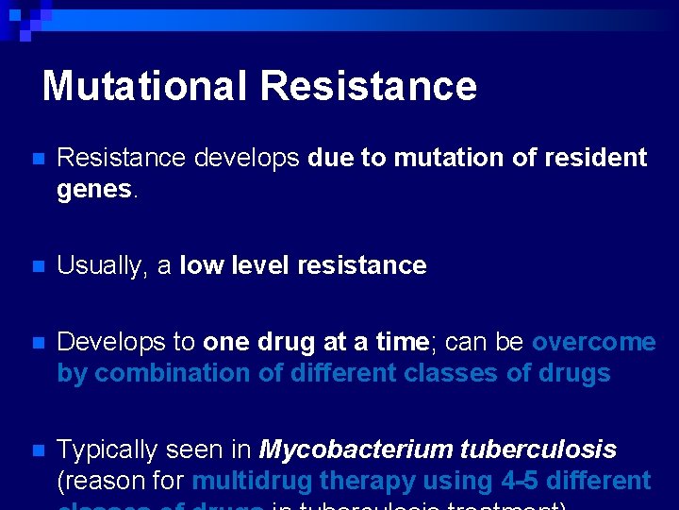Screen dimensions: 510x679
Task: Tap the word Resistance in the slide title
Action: pyautogui.click(x=369, y=86)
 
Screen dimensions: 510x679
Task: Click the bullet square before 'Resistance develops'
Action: pyautogui.click(x=36, y=159)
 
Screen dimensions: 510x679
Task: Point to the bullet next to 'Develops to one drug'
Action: pyautogui.click(x=36, y=343)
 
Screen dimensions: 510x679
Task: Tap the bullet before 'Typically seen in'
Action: pyautogui.click(x=36, y=450)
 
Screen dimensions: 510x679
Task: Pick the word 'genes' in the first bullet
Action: pyautogui.click(x=94, y=190)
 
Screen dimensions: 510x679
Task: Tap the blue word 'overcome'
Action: pyautogui.click(x=593, y=342)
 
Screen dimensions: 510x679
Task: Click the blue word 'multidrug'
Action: pyautogui.click(x=252, y=482)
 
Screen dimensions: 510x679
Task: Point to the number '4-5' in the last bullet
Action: pyautogui.click(x=520, y=481)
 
